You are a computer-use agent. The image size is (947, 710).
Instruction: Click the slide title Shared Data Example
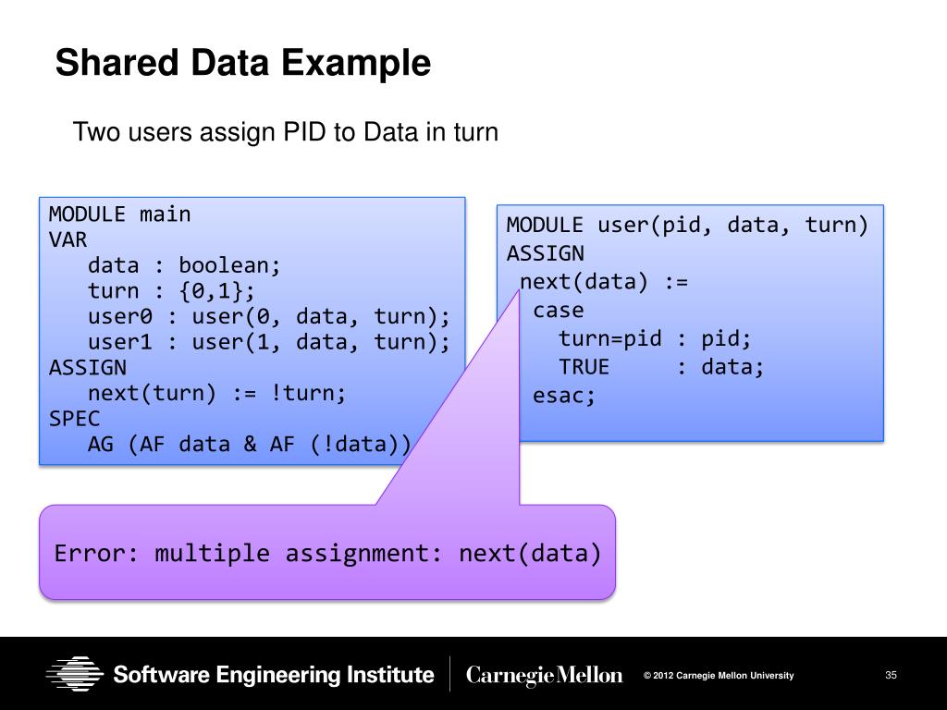point(242,64)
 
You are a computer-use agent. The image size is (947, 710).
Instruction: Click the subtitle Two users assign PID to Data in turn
point(286,132)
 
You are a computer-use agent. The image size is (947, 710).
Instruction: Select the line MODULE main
point(119,214)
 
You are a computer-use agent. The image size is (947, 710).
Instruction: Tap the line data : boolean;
point(184,266)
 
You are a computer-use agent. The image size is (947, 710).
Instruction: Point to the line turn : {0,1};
point(171,292)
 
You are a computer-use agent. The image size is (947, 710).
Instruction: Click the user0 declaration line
point(269,317)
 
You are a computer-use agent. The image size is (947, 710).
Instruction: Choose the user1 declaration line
point(269,343)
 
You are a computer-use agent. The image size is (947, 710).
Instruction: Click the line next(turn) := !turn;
point(217,394)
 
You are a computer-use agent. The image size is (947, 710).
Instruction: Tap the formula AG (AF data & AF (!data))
point(249,445)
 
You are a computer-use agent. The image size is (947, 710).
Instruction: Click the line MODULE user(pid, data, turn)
point(687,226)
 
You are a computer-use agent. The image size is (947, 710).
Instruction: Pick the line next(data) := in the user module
point(604,282)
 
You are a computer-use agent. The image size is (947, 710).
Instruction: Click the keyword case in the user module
point(559,311)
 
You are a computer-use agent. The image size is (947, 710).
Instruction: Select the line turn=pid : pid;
point(656,338)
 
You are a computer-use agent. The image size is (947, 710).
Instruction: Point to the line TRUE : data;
point(661,367)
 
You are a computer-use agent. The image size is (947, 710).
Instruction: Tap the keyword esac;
point(565,396)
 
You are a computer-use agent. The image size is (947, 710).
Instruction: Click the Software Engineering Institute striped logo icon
point(75,674)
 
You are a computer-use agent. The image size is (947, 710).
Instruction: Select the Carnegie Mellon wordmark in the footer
point(545,676)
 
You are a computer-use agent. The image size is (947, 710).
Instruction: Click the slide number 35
point(892,675)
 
